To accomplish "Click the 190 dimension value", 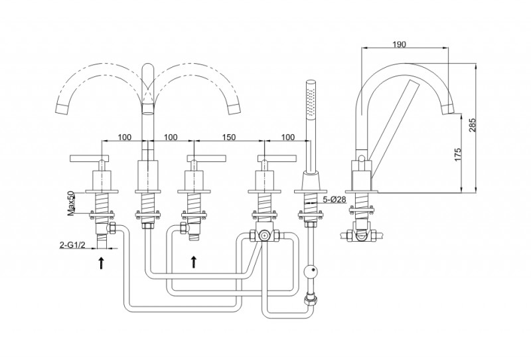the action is (x=400, y=44).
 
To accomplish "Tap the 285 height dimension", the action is (x=473, y=125).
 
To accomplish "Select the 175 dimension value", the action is (x=457, y=155).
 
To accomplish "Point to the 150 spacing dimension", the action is (x=229, y=137).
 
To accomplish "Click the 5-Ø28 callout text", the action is (x=335, y=199).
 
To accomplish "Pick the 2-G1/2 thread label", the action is (x=72, y=245).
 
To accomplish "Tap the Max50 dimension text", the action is (x=71, y=203).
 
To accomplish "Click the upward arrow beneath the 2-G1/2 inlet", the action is (x=101, y=263).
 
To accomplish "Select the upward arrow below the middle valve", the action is (x=193, y=262).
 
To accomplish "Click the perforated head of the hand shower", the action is (x=310, y=100).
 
